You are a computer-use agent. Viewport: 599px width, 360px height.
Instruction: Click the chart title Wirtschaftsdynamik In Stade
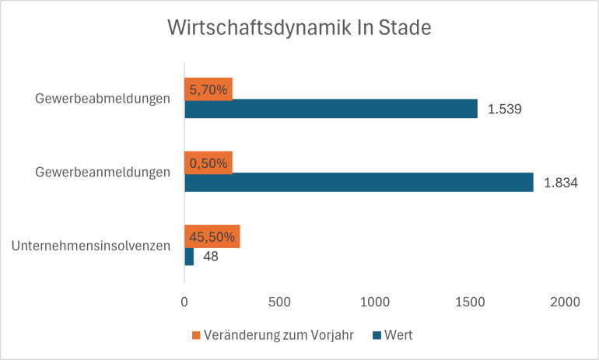299,29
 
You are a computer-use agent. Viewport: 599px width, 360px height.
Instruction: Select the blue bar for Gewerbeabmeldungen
331,109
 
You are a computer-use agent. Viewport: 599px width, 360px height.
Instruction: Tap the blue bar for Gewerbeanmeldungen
359,182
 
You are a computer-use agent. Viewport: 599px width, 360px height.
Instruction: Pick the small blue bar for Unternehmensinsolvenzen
189,256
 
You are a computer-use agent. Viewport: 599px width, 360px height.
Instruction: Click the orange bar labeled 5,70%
208,89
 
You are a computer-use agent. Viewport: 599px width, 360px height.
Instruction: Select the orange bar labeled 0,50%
208,163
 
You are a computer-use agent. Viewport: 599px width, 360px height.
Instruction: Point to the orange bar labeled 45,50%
212,236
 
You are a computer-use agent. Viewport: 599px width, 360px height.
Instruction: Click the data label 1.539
504,109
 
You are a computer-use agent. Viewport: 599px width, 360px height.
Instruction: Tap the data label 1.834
560,182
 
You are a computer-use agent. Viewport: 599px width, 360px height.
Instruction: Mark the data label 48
210,256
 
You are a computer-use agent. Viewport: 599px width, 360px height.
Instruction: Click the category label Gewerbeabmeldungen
103,99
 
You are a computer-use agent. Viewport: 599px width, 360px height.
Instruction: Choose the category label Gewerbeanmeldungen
103,173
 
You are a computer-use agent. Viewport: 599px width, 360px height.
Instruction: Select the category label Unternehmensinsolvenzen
91,246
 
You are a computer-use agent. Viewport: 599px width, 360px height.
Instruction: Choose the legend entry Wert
397,336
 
